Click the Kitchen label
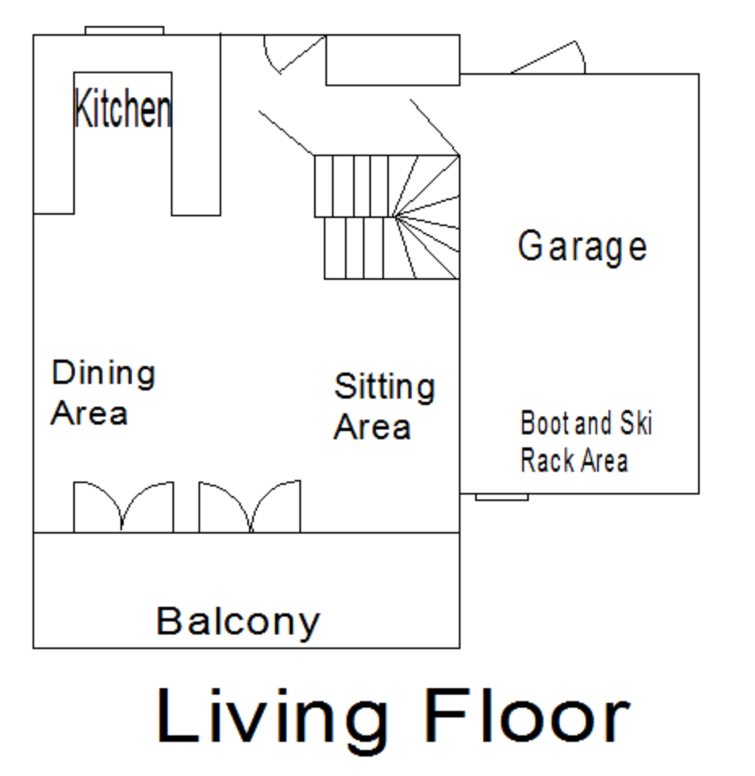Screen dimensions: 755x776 click(123, 108)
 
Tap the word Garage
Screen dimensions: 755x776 click(583, 246)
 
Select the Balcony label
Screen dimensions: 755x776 click(238, 621)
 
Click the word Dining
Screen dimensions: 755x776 click(103, 373)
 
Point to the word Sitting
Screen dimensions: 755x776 click(385, 386)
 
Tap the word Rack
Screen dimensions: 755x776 click(548, 460)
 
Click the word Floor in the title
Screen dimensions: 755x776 click(528, 716)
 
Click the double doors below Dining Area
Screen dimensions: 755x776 click(124, 506)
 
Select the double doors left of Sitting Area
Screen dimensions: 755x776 click(250, 506)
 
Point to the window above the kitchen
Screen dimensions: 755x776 click(124, 31)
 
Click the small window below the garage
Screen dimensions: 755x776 click(502, 497)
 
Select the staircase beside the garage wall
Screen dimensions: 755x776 click(387, 217)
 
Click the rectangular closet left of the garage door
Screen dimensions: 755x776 click(393, 60)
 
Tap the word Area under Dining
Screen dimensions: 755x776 click(89, 414)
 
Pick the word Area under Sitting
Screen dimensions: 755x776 click(373, 427)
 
